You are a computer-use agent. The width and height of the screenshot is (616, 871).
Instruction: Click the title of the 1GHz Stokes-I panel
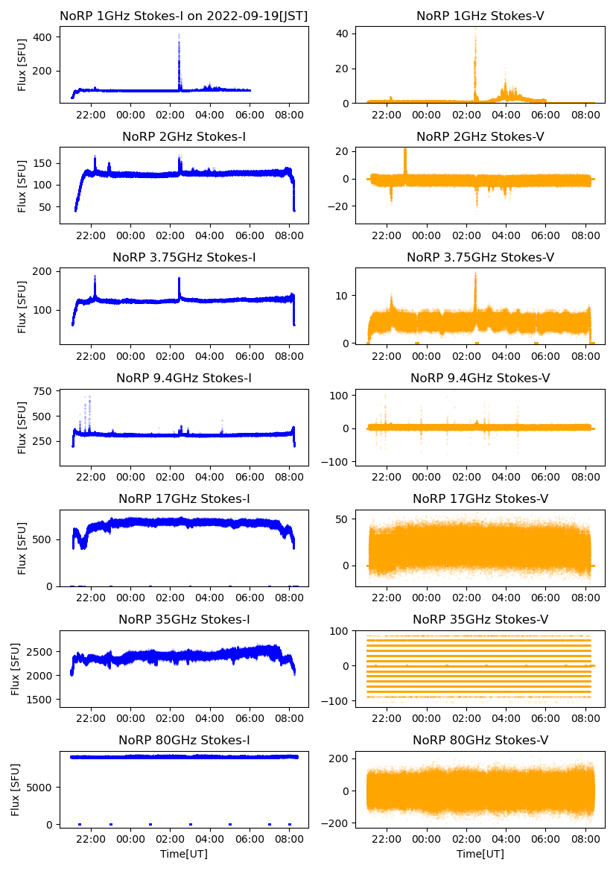point(184,16)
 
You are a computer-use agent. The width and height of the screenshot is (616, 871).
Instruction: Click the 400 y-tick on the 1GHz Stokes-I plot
point(50,37)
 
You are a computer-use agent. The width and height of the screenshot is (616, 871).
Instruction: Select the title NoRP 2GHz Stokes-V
point(480,137)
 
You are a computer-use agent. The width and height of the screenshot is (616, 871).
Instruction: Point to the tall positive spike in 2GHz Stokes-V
point(405,151)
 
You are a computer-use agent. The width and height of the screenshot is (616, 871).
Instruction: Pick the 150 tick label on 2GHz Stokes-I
point(47,162)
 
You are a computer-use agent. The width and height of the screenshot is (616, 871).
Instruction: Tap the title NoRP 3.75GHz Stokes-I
point(184,258)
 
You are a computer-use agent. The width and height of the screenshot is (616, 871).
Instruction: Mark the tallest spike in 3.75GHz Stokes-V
point(475,275)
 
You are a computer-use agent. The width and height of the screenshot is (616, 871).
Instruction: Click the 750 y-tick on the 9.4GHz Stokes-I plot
point(47,391)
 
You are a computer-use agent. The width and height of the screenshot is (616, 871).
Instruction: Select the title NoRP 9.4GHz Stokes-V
point(480,379)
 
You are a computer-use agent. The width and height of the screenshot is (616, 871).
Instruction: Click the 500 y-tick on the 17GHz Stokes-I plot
point(47,539)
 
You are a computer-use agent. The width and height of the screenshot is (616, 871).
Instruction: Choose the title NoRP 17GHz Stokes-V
point(480,499)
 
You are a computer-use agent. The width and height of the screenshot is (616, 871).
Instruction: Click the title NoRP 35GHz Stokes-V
point(480,620)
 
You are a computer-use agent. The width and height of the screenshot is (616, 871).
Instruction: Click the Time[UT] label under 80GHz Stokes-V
point(480,854)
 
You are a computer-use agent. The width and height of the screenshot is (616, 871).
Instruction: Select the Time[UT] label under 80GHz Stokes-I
point(184,854)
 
